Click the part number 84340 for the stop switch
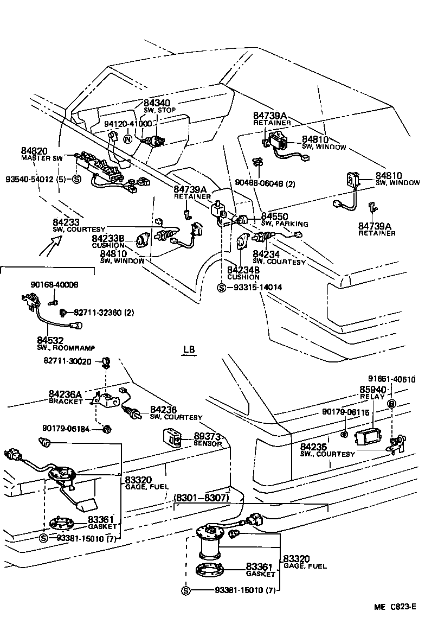pos(157,103)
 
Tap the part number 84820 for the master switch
pos(35,151)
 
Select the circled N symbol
pos(128,139)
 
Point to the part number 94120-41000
pos(128,124)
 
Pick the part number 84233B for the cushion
pos(108,238)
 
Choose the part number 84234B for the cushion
pos(243,270)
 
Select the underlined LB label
pos(189,350)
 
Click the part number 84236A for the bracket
pos(65,394)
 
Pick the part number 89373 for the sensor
pos(208,436)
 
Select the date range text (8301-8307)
pos(202,497)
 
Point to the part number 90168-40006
pos(54,284)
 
